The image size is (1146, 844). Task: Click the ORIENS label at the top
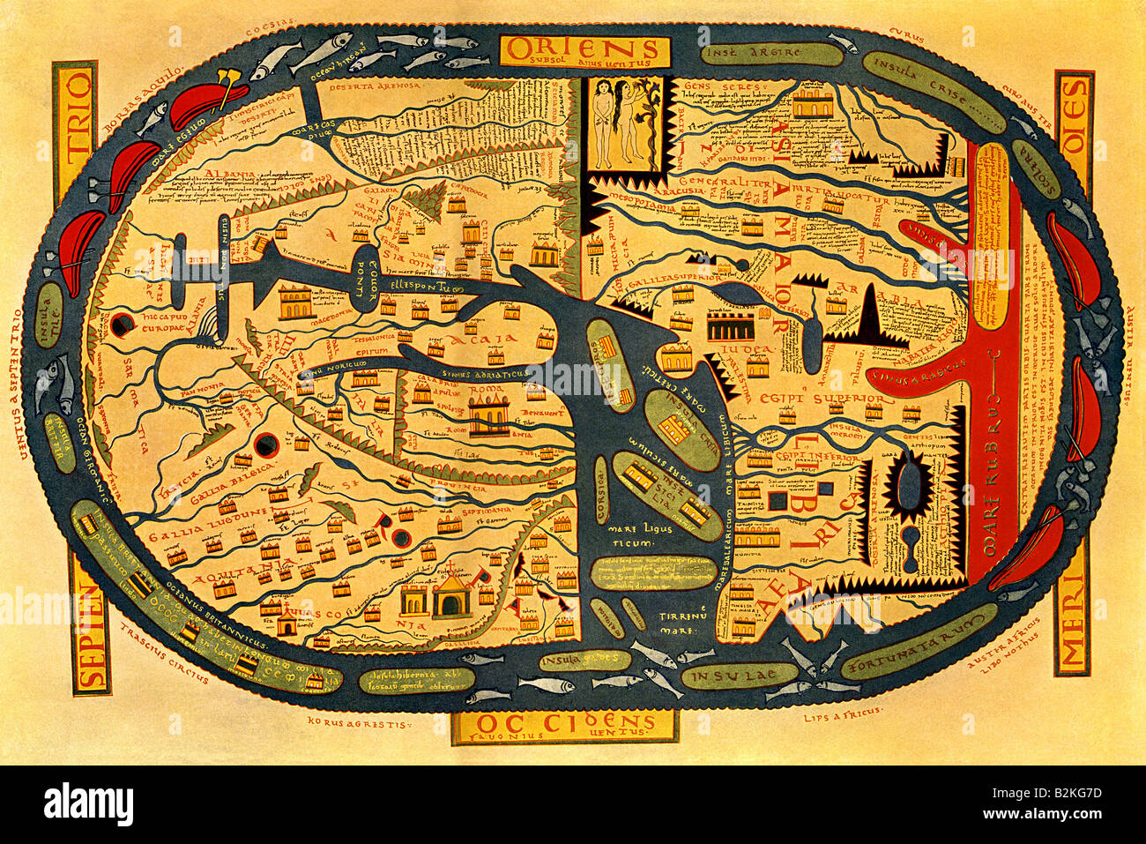579,48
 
